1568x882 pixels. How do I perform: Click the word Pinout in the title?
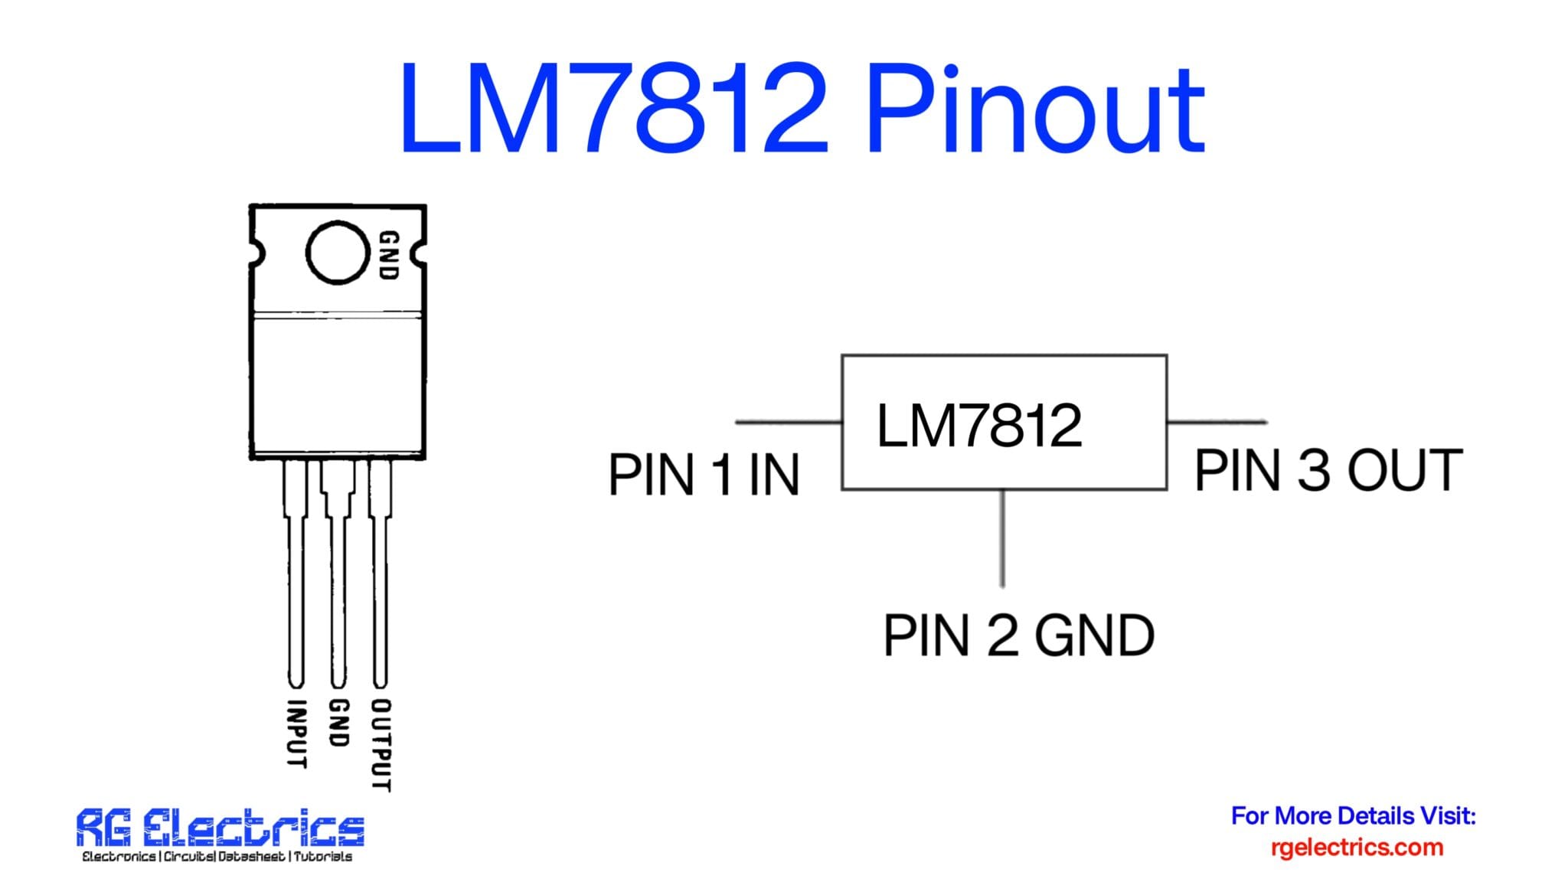click(x=1035, y=111)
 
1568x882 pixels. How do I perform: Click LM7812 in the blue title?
click(x=612, y=111)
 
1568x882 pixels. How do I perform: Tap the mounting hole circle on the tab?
click(x=337, y=253)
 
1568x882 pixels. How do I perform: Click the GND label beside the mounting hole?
click(x=389, y=255)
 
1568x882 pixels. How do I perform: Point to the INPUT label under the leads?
click(x=296, y=733)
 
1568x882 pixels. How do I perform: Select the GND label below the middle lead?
click(x=338, y=722)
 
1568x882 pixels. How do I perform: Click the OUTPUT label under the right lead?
click(x=381, y=744)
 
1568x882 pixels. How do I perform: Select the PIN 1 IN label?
click(x=703, y=475)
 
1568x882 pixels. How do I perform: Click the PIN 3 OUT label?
click(x=1328, y=470)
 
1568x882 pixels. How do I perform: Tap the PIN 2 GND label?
click(x=1018, y=635)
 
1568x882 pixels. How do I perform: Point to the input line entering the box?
click(x=789, y=421)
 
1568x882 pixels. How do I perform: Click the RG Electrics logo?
click(x=220, y=828)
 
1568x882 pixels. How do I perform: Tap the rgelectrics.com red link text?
click(x=1357, y=848)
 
